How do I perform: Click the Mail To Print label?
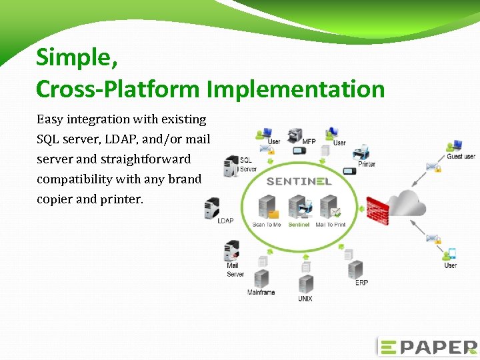click(331, 225)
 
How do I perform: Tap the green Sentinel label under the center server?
click(299, 225)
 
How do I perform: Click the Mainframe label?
click(261, 292)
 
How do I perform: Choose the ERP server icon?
click(355, 269)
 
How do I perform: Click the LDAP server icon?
click(213, 208)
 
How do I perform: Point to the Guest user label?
click(461, 157)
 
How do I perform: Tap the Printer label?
click(367, 164)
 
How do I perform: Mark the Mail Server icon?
click(231, 251)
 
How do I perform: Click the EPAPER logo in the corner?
click(427, 347)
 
